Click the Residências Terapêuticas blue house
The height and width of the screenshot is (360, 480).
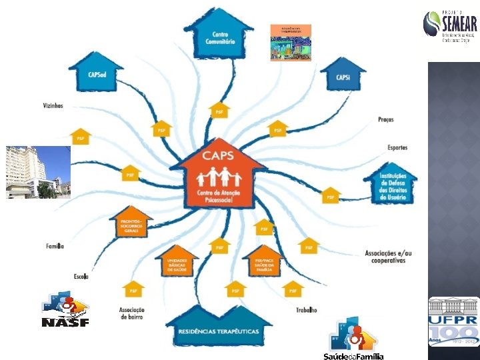[218, 326]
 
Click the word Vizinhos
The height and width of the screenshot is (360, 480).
[53, 106]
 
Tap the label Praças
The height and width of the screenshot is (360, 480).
[385, 120]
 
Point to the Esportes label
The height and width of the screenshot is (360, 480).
[397, 147]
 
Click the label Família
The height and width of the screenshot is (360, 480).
[55, 246]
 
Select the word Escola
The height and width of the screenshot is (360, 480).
[81, 275]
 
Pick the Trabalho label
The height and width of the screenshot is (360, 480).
[306, 310]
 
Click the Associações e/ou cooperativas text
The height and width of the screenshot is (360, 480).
[388, 257]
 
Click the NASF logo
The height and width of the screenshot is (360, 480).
[65, 310]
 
